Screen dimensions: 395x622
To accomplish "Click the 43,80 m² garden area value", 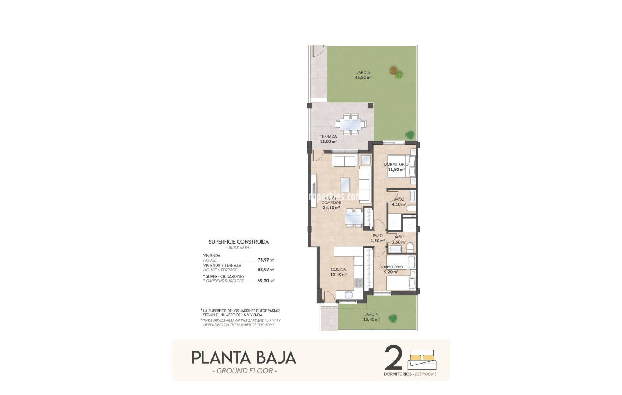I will pos(363,78).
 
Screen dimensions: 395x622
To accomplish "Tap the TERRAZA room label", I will pos(328,136).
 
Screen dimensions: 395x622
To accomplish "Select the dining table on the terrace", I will pos(350,124).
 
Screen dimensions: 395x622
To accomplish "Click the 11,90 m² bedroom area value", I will pos(396,170).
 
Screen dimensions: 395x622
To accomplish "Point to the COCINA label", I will pos(338,270).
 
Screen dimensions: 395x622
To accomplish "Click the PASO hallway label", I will pos(377,236).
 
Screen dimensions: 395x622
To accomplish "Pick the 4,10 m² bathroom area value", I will pos(399,204).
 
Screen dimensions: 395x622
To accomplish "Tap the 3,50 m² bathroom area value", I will pos(399,242).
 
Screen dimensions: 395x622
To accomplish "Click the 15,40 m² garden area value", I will pos(372,319).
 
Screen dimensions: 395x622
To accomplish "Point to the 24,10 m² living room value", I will pos(331,208).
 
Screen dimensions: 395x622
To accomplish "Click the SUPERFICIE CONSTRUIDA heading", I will pos(239,242).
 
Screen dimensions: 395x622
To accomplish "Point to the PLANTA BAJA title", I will pos(244,358).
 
